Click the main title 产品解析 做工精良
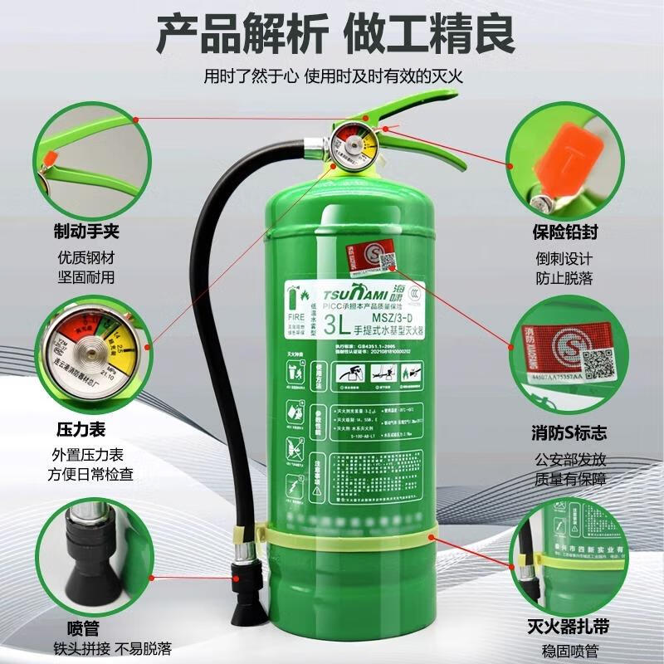click(x=335, y=35)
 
